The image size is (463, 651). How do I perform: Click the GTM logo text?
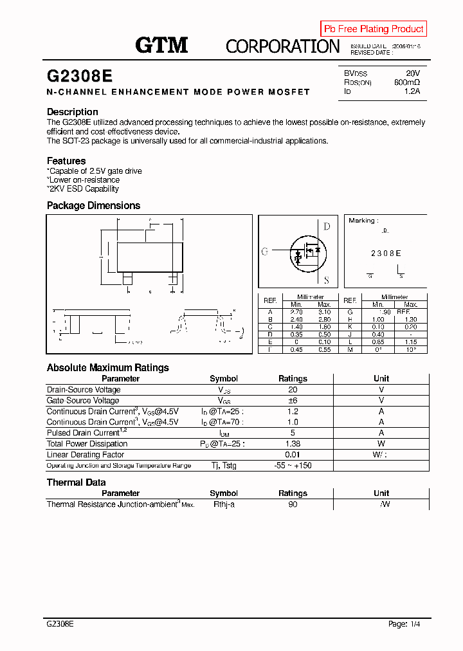point(161,45)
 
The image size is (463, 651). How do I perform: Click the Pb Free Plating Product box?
point(374,29)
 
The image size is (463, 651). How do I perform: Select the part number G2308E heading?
point(80,76)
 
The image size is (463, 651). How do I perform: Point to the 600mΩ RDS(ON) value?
point(406,82)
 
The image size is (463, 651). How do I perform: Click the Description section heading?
point(73,112)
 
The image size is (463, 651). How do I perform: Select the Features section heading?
point(66,161)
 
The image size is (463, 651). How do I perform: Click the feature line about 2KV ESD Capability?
point(83,188)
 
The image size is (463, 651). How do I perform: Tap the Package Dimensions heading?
point(93,206)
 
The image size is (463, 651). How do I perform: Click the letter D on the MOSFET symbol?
point(327,226)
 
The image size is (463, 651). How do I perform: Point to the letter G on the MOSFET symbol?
point(264,252)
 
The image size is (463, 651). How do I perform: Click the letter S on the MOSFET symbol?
point(327,280)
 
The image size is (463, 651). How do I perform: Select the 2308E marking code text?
point(386,253)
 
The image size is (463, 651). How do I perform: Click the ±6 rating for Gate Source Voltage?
point(293,401)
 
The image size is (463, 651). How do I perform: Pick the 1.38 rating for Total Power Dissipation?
point(293,444)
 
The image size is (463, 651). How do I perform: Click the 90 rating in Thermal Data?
point(293,504)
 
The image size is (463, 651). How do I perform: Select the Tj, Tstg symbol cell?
point(224,465)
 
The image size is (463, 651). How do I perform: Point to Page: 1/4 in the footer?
point(404,624)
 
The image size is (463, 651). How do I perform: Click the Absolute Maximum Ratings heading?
point(108,368)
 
